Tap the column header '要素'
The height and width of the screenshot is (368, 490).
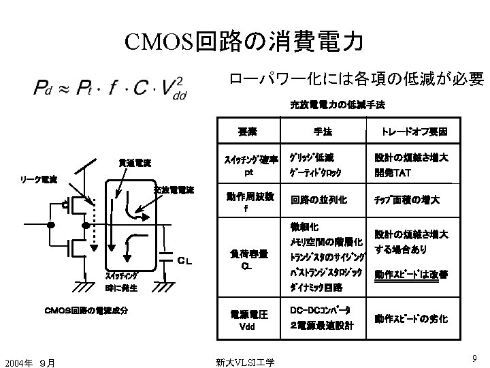click(x=247, y=130)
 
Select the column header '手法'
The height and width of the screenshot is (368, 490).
click(x=323, y=130)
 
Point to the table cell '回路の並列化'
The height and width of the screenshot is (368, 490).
click(x=318, y=200)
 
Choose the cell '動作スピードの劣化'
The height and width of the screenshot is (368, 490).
click(x=410, y=319)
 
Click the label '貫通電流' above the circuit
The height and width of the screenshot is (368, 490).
click(x=134, y=164)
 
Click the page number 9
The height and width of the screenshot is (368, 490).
click(x=472, y=356)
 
